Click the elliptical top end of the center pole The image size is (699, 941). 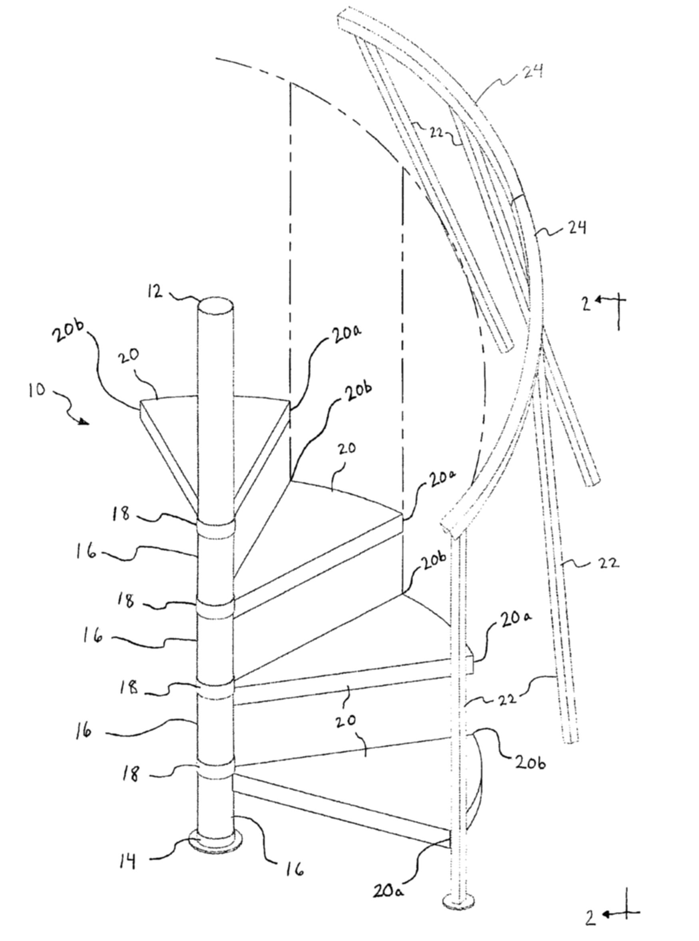tap(216, 305)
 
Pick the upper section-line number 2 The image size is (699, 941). tap(586, 304)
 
